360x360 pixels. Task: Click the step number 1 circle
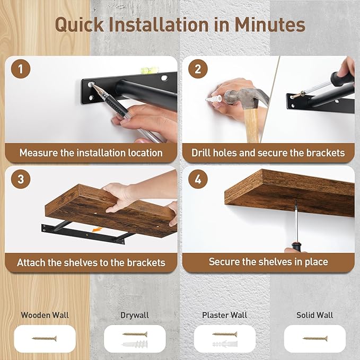tap(21, 69)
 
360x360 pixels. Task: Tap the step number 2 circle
tap(198, 69)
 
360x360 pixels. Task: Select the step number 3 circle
tap(21, 179)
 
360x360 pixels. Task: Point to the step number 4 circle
tap(198, 179)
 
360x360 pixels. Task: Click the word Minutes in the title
tap(264, 24)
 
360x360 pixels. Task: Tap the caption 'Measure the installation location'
tap(91, 153)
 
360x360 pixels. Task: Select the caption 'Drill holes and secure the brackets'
tap(268, 153)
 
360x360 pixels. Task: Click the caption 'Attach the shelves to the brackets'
tap(91, 262)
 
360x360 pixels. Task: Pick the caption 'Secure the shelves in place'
tap(268, 262)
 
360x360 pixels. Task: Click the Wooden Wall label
tap(45, 315)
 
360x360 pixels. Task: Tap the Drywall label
tap(135, 315)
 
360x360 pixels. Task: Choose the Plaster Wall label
tap(225, 315)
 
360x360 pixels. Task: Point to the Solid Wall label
tap(315, 315)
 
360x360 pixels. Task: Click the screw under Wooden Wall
tap(45, 338)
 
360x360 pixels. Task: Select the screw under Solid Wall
tap(315, 338)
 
